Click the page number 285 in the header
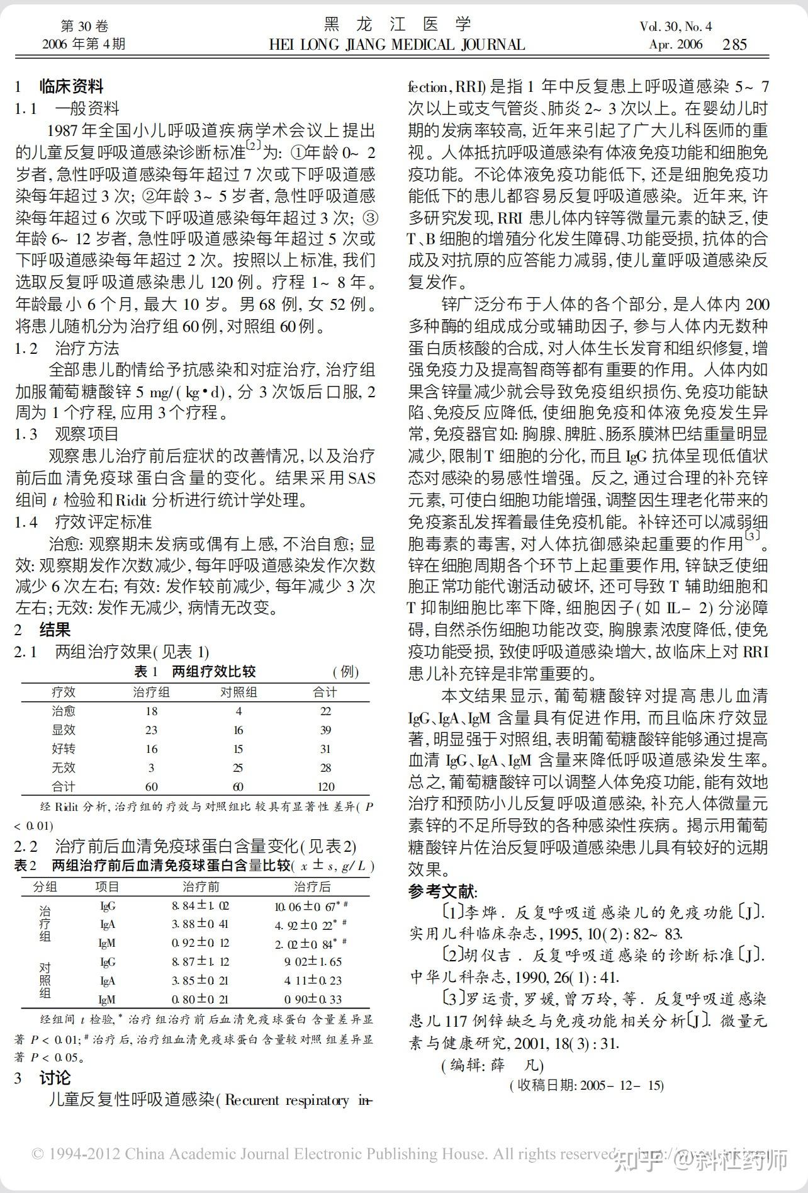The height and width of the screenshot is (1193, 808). pos(734,45)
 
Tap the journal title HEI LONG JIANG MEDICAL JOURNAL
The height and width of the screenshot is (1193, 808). pos(396,45)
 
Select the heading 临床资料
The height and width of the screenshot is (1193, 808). pos(71,86)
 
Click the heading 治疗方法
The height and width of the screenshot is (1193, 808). pos(87,348)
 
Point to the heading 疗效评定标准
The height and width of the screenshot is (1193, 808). pos(103,522)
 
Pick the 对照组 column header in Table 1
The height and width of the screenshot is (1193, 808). pos(238,693)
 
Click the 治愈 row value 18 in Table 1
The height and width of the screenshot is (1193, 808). pos(151,711)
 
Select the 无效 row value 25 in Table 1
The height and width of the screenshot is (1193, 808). pos(238,767)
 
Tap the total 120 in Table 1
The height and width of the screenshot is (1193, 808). pos(325,786)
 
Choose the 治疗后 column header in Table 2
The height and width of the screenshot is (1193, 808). pos(312,886)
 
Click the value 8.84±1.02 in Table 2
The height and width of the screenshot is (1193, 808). pos(200,906)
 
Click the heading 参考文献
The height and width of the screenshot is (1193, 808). pos(442,891)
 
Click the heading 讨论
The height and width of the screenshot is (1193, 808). pos(55,1078)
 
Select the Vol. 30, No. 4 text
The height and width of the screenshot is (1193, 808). pos(675,26)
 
